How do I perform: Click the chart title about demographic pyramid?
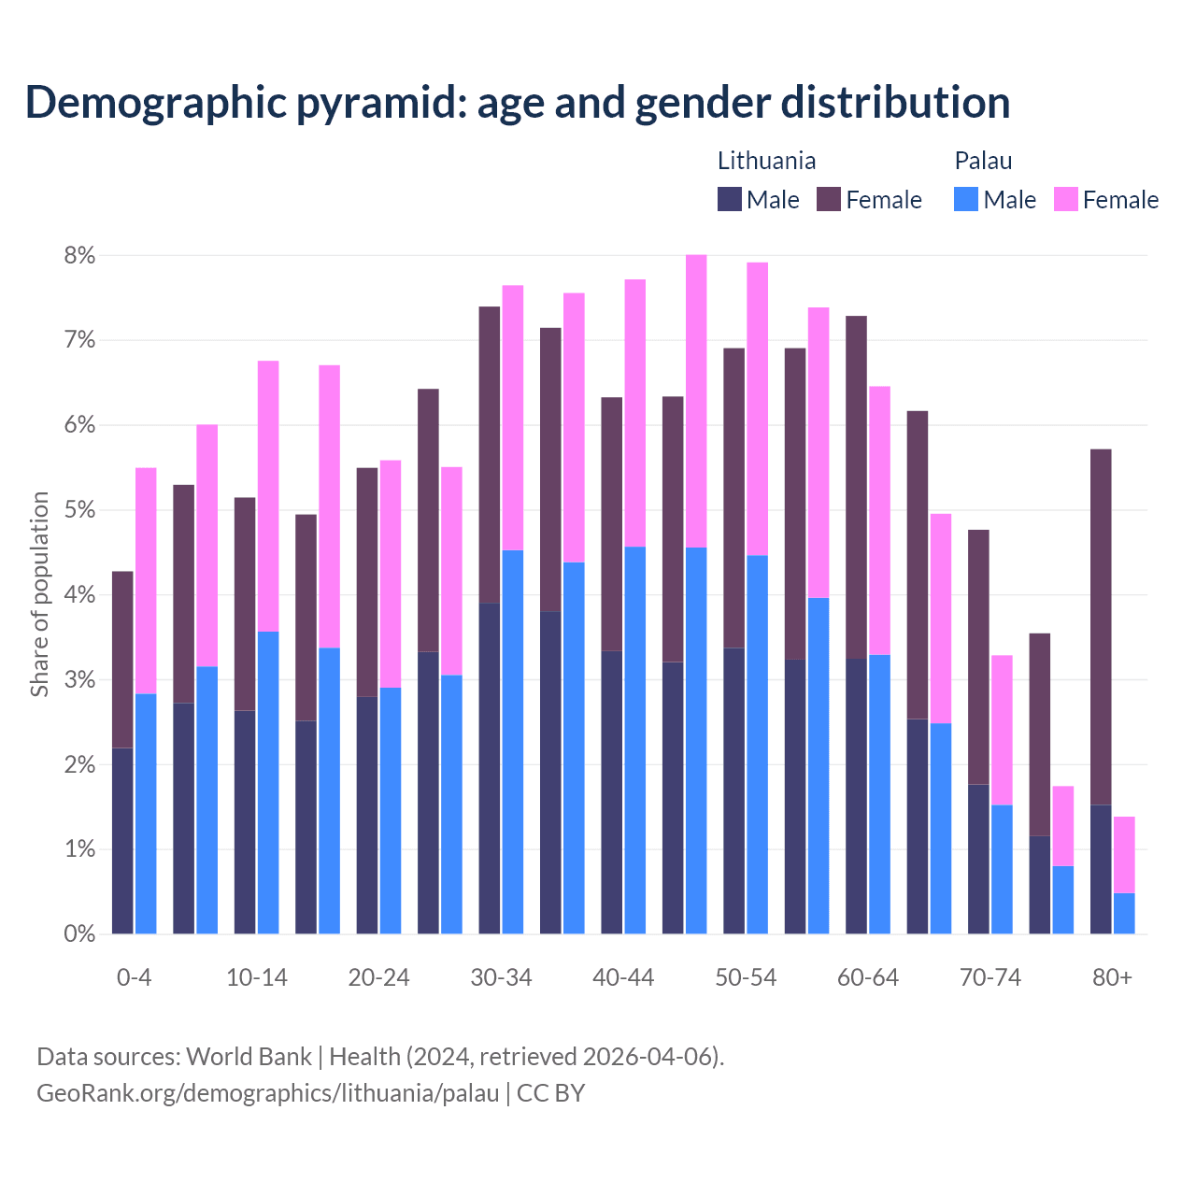click(x=518, y=103)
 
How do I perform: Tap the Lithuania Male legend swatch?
click(x=730, y=199)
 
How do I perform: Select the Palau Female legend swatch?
click(x=1065, y=199)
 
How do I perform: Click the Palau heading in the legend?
click(x=983, y=161)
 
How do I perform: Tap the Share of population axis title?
click(x=40, y=594)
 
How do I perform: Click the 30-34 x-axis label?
click(x=501, y=977)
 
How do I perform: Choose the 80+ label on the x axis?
click(x=1112, y=977)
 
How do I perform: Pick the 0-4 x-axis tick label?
click(x=134, y=977)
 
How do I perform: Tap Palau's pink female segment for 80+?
click(x=1124, y=855)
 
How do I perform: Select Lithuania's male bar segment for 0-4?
click(x=122, y=841)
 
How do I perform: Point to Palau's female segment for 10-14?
click(x=268, y=496)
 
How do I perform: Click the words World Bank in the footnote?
click(x=249, y=1057)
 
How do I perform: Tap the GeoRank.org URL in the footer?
click(x=267, y=1093)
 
